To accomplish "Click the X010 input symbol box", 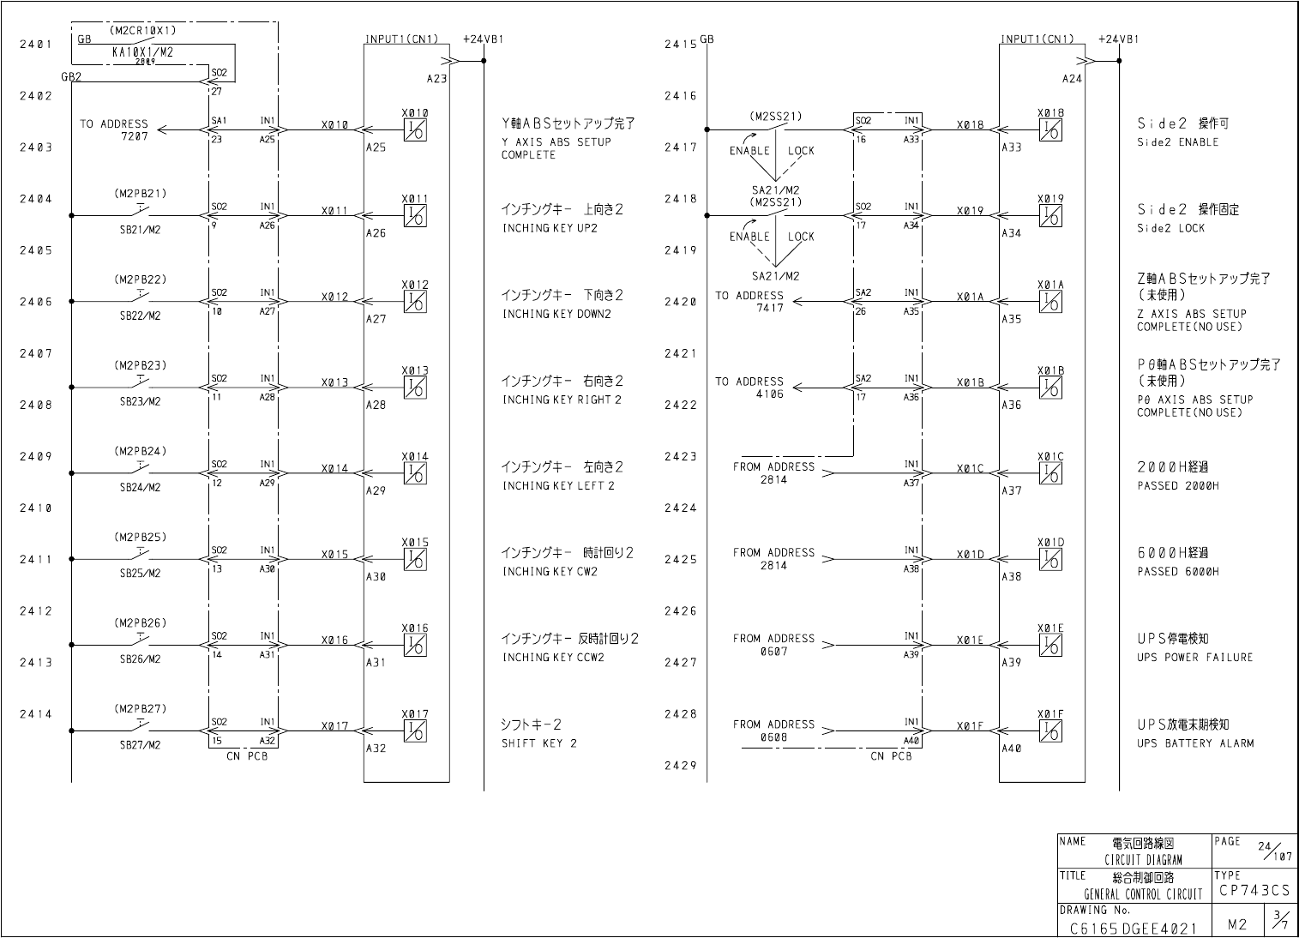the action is [x=416, y=129].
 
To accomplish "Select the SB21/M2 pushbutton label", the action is [x=140, y=230].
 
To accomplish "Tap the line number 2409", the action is [x=36, y=456].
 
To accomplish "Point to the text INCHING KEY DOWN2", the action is [x=556, y=314].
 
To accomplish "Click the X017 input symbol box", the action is [x=416, y=731].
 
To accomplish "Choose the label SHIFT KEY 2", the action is [x=539, y=743].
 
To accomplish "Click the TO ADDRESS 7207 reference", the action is [x=114, y=130].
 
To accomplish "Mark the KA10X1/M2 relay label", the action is [x=143, y=51].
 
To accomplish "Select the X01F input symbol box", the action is [x=1050, y=731].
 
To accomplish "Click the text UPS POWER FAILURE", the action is [x=1194, y=658].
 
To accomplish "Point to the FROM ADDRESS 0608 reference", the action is [x=773, y=731].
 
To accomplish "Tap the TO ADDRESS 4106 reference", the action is [x=749, y=388].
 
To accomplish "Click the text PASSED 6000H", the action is [x=1177, y=571].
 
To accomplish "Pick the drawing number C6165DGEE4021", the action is [x=1132, y=929].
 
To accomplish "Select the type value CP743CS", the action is [x=1252, y=891].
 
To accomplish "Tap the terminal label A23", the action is [x=436, y=78].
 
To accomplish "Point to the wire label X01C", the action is [x=970, y=469].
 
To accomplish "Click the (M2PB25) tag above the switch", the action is [x=140, y=538].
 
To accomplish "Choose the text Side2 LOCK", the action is [x=1170, y=228].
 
